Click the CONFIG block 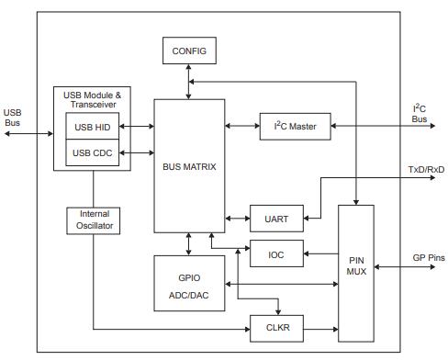[189, 51]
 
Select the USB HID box [93, 126]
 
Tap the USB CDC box [93, 152]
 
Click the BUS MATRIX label [189, 167]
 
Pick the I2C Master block [294, 126]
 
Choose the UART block [276, 219]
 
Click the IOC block [276, 253]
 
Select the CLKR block [276, 326]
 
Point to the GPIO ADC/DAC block [189, 284]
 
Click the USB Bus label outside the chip [12, 118]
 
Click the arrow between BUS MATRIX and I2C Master [241, 126]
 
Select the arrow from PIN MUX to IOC [320, 253]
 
